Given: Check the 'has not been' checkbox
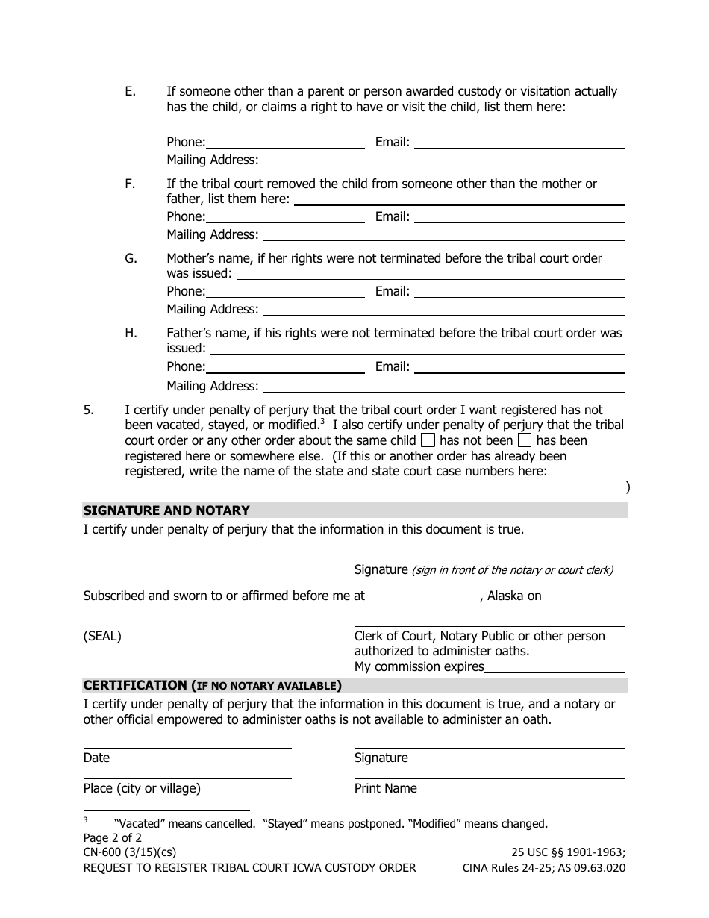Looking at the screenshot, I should point(428,440).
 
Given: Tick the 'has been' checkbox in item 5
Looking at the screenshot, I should point(525,440).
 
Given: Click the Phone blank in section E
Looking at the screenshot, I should point(285,143).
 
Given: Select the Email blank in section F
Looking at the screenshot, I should point(519,218).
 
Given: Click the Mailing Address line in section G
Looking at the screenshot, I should point(444,310).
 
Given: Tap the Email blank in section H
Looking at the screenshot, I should point(519,368).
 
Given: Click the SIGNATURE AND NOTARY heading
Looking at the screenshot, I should point(166,510).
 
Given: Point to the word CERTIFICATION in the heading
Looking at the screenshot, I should point(135,685).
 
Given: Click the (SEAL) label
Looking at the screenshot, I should point(102,637).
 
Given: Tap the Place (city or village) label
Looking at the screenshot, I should point(142,788).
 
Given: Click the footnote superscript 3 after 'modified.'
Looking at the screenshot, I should point(322,421).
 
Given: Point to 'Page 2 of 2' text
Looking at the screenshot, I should point(112,837).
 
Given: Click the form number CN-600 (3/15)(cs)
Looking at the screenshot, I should point(130,852).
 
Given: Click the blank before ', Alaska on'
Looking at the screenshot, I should point(425,597).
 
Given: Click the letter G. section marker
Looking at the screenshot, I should point(131,258).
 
